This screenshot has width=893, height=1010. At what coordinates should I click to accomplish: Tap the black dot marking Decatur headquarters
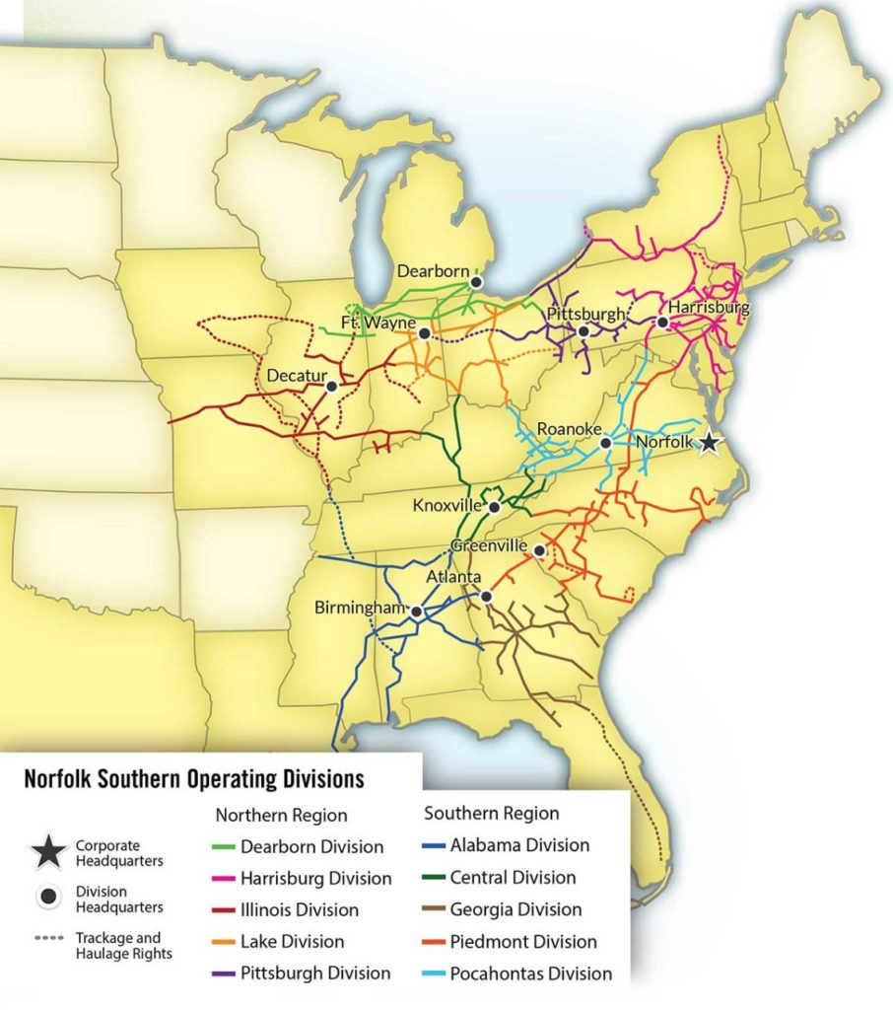pos(332,387)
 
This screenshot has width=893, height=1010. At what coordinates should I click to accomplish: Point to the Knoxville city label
pos(448,506)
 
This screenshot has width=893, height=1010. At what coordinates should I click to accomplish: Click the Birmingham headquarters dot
pos(417,612)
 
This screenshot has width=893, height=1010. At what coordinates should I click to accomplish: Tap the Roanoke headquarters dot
pos(606,443)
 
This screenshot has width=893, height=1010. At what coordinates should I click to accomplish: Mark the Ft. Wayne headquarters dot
pos(424,333)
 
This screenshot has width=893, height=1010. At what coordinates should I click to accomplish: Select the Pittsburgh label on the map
pos(585,315)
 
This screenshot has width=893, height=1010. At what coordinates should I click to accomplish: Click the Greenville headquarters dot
pos(539,549)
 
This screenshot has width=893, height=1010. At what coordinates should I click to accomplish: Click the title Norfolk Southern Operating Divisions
pos(193,779)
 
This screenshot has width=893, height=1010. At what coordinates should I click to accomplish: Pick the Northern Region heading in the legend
pos(281,816)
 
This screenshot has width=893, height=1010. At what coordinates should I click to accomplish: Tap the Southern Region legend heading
pos(491,814)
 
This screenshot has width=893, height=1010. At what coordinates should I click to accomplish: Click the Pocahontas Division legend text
pos(530,974)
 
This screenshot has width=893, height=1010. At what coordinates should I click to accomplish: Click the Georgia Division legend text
pos(515,909)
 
